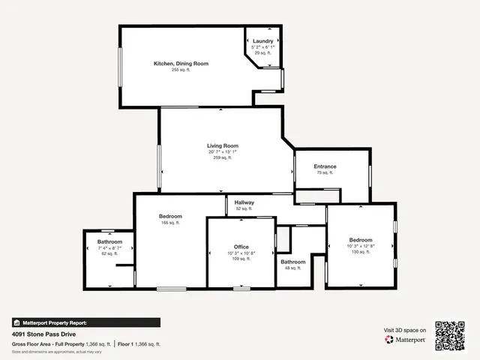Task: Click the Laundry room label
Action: pos(262,40)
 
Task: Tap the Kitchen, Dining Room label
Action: pos(181,64)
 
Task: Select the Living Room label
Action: pos(223,145)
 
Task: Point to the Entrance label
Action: pos(325,166)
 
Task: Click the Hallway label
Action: pos(244,202)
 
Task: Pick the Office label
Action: pos(241,247)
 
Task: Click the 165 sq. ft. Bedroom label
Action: pos(170,217)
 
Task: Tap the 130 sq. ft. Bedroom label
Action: pos(360,240)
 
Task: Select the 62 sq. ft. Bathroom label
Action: pos(109,241)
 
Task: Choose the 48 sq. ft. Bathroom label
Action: pos(293,262)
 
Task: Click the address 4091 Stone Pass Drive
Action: pos(43,334)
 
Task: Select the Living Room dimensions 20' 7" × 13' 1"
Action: pos(223,152)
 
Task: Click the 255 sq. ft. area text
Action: pos(181,70)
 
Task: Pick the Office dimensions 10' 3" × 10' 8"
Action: pos(241,253)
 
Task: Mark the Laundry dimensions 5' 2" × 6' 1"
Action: pos(262,47)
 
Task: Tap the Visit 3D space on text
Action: pos(405,330)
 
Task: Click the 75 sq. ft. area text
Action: pos(325,172)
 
